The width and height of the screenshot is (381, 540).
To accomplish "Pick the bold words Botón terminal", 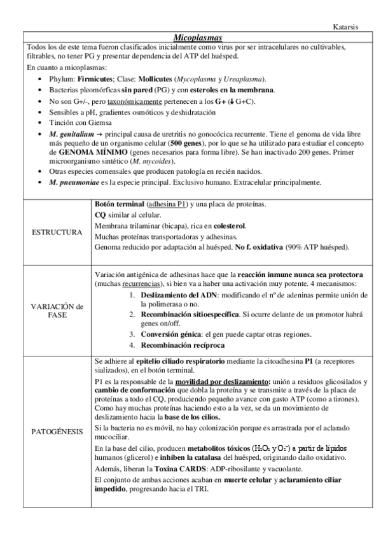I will coord(118,204).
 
